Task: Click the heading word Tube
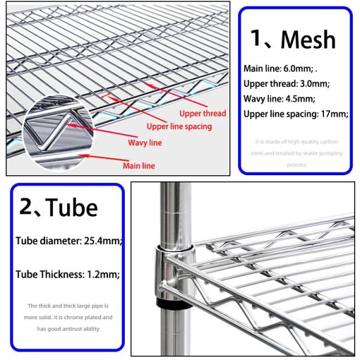[72, 207]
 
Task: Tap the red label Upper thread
[203, 113]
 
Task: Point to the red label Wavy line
[145, 143]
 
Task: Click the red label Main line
[139, 166]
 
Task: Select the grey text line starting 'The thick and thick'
[68, 306]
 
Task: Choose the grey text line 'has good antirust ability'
[68, 329]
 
